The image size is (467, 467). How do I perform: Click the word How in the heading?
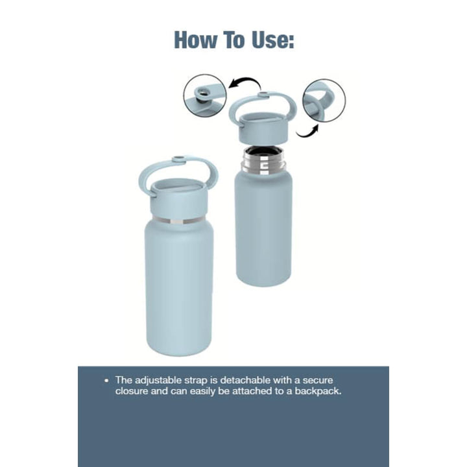click(x=195, y=40)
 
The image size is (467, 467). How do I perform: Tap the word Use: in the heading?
click(x=273, y=40)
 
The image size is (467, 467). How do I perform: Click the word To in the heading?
click(x=234, y=40)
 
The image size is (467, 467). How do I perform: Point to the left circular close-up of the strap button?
click(x=205, y=95)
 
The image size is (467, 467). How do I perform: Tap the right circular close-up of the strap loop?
click(x=324, y=101)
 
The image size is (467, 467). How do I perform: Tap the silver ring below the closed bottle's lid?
click(x=178, y=221)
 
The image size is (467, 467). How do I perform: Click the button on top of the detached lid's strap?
click(x=263, y=95)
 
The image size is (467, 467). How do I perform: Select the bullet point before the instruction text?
click(x=106, y=381)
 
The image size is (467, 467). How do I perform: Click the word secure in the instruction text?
click(x=317, y=380)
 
